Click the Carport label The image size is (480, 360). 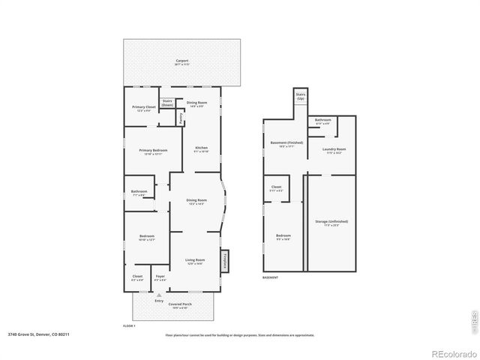(x=182, y=61)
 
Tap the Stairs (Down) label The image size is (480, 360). (x=167, y=103)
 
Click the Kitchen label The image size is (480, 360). (x=201, y=148)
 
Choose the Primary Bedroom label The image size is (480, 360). (x=153, y=151)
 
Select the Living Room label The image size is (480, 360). (x=195, y=260)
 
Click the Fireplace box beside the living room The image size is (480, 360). (x=224, y=261)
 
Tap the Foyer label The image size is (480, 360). (x=160, y=277)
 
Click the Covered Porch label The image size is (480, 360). (x=180, y=304)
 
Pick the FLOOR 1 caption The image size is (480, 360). (x=129, y=326)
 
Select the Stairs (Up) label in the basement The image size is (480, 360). (x=301, y=96)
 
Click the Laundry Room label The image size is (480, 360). (x=333, y=149)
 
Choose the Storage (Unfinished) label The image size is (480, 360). (x=331, y=221)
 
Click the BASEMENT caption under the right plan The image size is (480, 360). (x=270, y=277)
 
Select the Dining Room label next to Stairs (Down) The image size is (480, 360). (x=197, y=103)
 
